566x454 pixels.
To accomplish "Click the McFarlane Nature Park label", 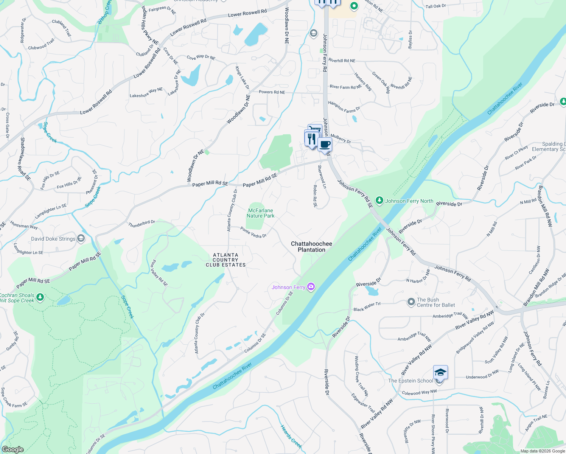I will [260, 213].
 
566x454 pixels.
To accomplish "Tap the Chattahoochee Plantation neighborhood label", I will [311, 247].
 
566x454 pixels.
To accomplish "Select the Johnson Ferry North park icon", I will [379, 201].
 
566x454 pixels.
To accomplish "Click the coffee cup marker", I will [325, 144].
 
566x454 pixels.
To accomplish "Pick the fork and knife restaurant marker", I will [311, 138].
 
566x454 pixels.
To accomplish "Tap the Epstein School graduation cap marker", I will [440, 373].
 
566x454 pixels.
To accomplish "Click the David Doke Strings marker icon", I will [81, 238].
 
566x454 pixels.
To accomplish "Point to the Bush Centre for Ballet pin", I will [411, 302].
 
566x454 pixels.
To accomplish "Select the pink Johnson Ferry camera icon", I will [311, 287].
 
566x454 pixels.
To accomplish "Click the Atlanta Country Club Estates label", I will [225, 260].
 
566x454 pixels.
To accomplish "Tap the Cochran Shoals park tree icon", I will [40, 297].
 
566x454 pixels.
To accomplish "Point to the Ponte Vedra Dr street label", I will [253, 232].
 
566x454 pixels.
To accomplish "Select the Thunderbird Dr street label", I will [141, 224].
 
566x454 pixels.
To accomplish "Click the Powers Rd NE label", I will [272, 92].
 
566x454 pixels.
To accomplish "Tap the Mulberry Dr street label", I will [341, 138].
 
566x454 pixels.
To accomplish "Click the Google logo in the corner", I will [12, 449].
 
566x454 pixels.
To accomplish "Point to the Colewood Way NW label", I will [419, 393].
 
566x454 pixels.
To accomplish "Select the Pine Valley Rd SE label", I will [159, 273].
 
